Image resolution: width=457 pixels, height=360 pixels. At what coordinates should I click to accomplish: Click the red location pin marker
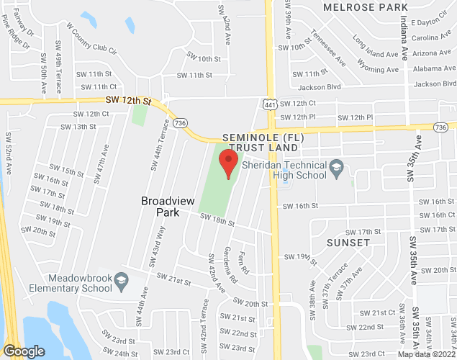click(228, 163)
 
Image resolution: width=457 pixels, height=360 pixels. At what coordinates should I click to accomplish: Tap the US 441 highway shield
click(268, 105)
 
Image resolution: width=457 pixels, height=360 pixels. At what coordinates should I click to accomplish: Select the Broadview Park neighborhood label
click(166, 207)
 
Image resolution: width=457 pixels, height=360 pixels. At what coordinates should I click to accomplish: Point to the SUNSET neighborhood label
click(349, 243)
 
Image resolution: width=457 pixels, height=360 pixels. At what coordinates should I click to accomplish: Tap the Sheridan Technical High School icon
click(336, 170)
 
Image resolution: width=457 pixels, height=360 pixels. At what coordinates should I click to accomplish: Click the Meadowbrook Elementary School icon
click(121, 279)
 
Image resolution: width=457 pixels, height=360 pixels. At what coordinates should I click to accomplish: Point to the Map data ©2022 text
click(427, 354)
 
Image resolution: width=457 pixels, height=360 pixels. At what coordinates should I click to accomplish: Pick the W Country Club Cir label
click(91, 37)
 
